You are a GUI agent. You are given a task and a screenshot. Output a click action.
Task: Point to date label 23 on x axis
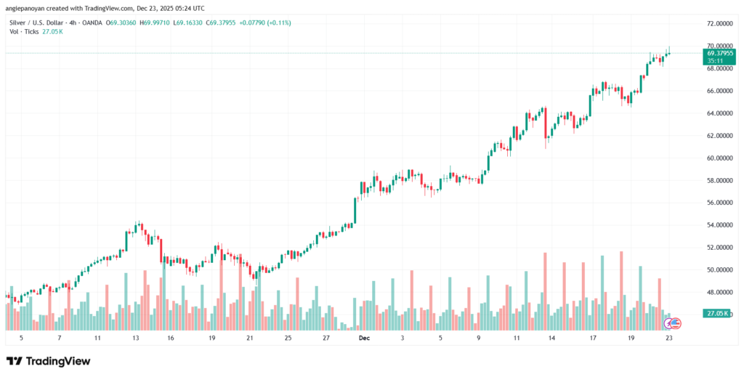(x=668, y=339)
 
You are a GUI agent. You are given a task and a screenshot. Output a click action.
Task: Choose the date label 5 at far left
(x=21, y=339)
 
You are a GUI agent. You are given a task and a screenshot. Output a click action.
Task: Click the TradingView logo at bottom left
(x=49, y=361)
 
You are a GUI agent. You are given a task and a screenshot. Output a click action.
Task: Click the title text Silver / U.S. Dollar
(x=34, y=23)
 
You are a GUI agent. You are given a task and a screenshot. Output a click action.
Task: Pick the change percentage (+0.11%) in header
(x=278, y=23)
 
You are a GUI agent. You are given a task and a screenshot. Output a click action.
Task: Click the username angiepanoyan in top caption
(x=27, y=9)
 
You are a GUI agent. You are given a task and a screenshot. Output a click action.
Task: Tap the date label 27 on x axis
(x=326, y=339)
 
